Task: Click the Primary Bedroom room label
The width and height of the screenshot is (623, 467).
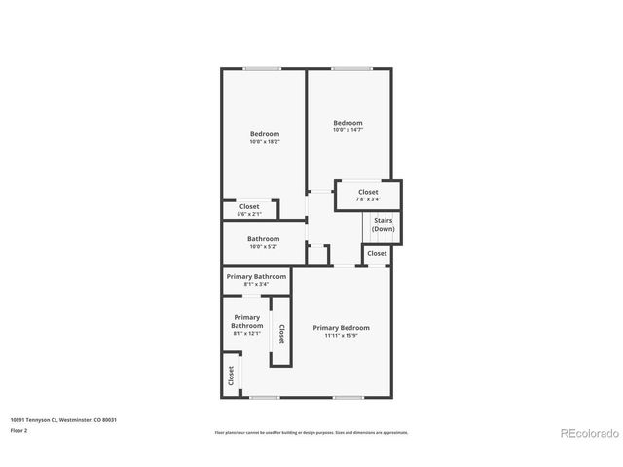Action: click(341, 328)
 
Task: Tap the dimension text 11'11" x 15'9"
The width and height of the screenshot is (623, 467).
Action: click(341, 336)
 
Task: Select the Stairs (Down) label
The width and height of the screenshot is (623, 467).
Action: click(383, 224)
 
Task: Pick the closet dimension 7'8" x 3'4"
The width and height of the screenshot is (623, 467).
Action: click(368, 199)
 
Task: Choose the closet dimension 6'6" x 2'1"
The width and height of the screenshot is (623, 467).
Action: click(249, 213)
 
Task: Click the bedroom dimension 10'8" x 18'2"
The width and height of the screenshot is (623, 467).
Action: click(265, 142)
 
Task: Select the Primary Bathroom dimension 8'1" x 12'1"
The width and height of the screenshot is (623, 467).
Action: click(246, 334)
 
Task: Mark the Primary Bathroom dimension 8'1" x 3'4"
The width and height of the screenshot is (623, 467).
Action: click(256, 284)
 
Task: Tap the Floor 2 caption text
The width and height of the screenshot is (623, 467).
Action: click(18, 429)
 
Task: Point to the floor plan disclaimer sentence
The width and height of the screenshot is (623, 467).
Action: click(311, 432)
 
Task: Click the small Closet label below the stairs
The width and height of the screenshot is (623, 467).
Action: click(377, 253)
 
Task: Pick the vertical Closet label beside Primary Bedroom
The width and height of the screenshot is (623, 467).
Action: click(281, 334)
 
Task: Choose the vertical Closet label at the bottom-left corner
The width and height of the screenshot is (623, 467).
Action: click(231, 375)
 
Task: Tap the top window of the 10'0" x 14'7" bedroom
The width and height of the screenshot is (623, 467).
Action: click(350, 68)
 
